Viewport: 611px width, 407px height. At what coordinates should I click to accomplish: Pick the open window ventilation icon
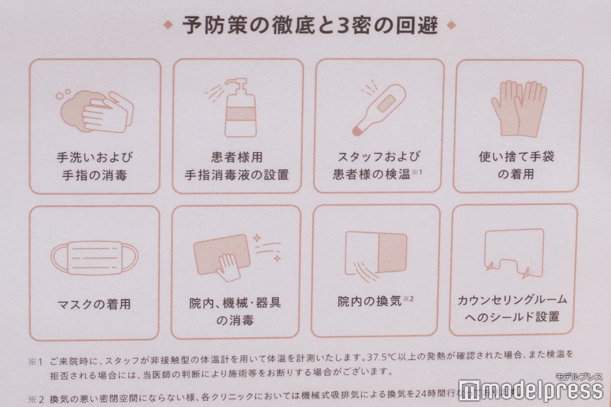pyautogui.click(x=376, y=254)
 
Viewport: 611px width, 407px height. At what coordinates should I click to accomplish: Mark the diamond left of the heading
pyautogui.click(x=167, y=26)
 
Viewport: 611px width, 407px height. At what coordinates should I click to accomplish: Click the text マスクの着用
pyautogui.click(x=94, y=305)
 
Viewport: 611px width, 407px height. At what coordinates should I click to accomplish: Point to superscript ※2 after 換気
pyautogui.click(x=408, y=298)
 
